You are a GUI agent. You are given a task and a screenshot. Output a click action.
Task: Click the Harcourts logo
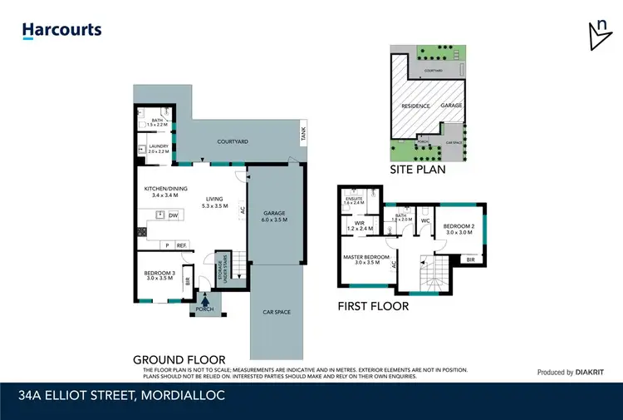pyautogui.click(x=61, y=31)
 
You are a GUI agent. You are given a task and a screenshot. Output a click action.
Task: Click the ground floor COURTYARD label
pyautogui.click(x=233, y=142)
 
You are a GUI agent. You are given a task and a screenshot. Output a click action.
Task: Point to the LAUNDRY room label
pyautogui.click(x=158, y=149)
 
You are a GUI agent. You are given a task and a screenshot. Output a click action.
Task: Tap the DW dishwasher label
pyautogui.click(x=173, y=216)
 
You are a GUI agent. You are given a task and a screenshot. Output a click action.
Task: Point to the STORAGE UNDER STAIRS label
pyautogui.click(x=222, y=271)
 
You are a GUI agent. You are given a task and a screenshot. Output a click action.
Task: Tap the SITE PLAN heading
pyautogui.click(x=418, y=169)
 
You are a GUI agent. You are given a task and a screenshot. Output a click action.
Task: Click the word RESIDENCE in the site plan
pyautogui.click(x=416, y=106)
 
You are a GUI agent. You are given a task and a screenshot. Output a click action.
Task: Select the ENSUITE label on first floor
pyautogui.click(x=354, y=199)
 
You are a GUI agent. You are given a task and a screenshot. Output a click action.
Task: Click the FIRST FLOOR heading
pyautogui.click(x=373, y=306)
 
